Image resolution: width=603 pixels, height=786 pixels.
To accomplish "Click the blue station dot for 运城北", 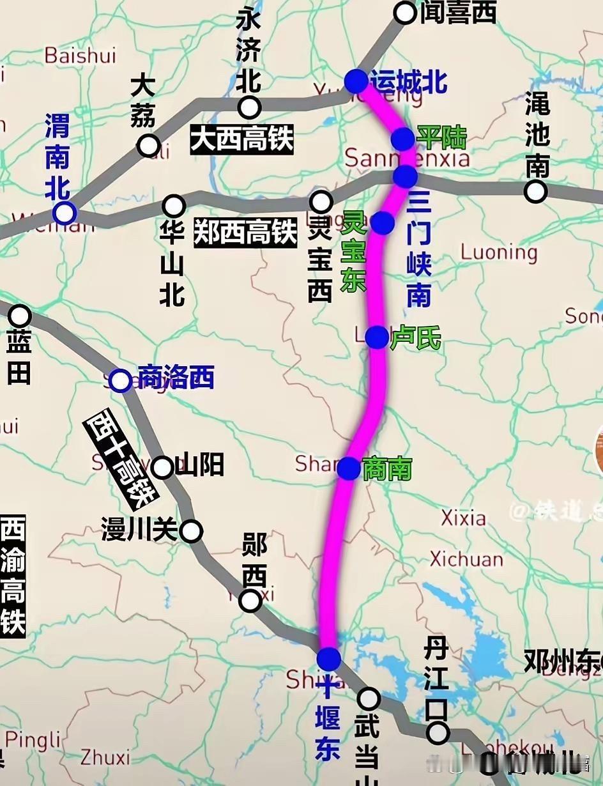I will click(x=356, y=81).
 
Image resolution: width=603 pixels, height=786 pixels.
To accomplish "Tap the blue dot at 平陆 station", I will click(x=403, y=138).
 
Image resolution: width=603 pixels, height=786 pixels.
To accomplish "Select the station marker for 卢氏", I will click(x=377, y=337).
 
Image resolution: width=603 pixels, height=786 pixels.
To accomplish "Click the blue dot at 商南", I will click(x=349, y=468).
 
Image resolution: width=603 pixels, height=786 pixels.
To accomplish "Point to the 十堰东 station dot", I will click(x=329, y=658).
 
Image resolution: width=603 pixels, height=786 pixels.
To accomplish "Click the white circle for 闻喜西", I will click(x=405, y=12).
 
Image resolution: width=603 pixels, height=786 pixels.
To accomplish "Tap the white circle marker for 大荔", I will click(x=149, y=146).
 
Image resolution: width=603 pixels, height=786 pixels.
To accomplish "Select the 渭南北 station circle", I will click(x=65, y=213).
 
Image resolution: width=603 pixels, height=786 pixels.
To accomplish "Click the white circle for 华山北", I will click(x=173, y=206).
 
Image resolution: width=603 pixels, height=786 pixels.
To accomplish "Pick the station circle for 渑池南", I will click(x=535, y=191).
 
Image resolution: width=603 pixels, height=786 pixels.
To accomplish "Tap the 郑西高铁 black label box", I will click(x=245, y=233).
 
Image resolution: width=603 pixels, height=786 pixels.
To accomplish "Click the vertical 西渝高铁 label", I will click(x=12, y=576).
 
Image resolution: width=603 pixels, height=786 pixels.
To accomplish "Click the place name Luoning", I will click(x=499, y=252).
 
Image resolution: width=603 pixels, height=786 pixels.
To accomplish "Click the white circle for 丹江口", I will click(x=438, y=732).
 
